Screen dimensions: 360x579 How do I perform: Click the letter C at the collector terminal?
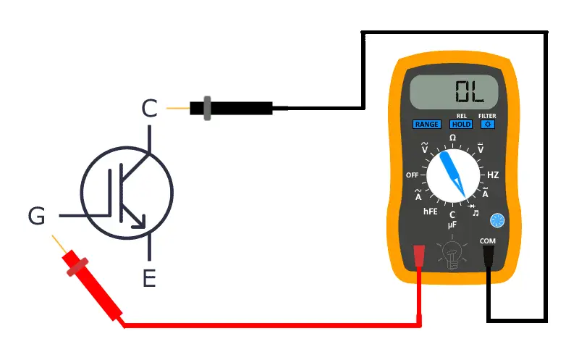pos(148,109)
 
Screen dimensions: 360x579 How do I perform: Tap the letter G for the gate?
pos(36,216)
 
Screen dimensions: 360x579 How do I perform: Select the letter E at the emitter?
pos(149,278)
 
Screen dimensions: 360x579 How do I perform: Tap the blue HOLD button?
pos(462,125)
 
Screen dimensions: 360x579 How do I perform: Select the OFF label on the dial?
pos(413,175)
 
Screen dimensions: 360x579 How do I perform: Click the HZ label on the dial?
pos(493,175)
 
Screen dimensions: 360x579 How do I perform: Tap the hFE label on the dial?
pos(431,212)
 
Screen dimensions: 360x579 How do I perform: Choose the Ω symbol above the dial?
pos(453,138)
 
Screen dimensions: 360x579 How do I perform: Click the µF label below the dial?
pos(452,225)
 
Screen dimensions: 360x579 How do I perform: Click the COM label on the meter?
pos(487,240)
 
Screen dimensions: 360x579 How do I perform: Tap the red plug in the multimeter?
pos(418,258)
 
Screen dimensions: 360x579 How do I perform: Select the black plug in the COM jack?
pos(488,257)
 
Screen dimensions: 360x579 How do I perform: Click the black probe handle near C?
pos(232,109)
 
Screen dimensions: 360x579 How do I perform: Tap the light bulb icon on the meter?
pos(452,255)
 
